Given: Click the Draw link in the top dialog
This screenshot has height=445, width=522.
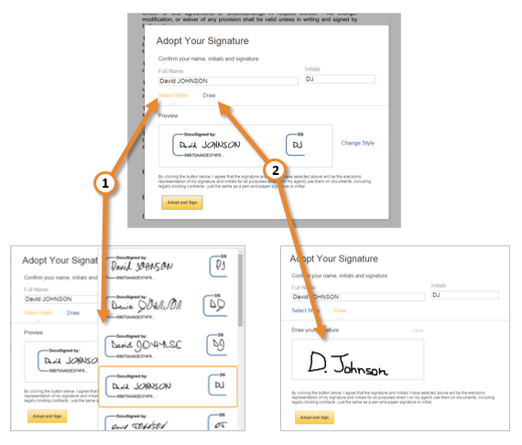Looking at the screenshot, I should [210, 95].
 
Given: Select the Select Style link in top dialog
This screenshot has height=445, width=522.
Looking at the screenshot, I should [172, 95].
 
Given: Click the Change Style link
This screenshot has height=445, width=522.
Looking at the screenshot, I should [357, 143].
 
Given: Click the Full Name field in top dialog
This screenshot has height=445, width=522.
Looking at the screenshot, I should [228, 81].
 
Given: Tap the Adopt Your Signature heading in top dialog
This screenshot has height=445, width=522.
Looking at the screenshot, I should [202, 41].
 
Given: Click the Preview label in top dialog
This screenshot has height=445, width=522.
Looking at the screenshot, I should [169, 116].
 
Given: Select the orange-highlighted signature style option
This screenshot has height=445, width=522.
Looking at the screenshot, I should [169, 387].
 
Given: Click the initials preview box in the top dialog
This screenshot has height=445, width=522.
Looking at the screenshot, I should [294, 145].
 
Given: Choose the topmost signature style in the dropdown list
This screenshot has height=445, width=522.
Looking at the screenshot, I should [169, 266].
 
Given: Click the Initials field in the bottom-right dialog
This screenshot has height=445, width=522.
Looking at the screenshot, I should [464, 295].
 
